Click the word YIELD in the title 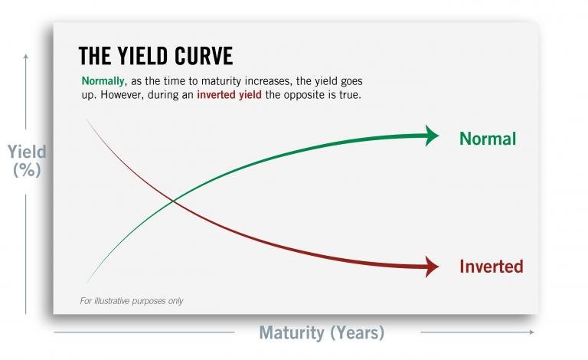coord(152,57)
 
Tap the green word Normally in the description coord(103,81)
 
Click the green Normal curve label coord(488,139)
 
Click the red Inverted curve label coord(491,267)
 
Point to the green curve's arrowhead coord(432,136)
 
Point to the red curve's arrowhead coord(432,267)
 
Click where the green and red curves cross coord(173,201)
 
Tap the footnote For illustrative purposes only coord(132,301)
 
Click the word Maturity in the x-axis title coord(293,333)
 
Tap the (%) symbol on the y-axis coord(27,171)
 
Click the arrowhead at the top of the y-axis coord(26,57)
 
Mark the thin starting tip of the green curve coord(89,281)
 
